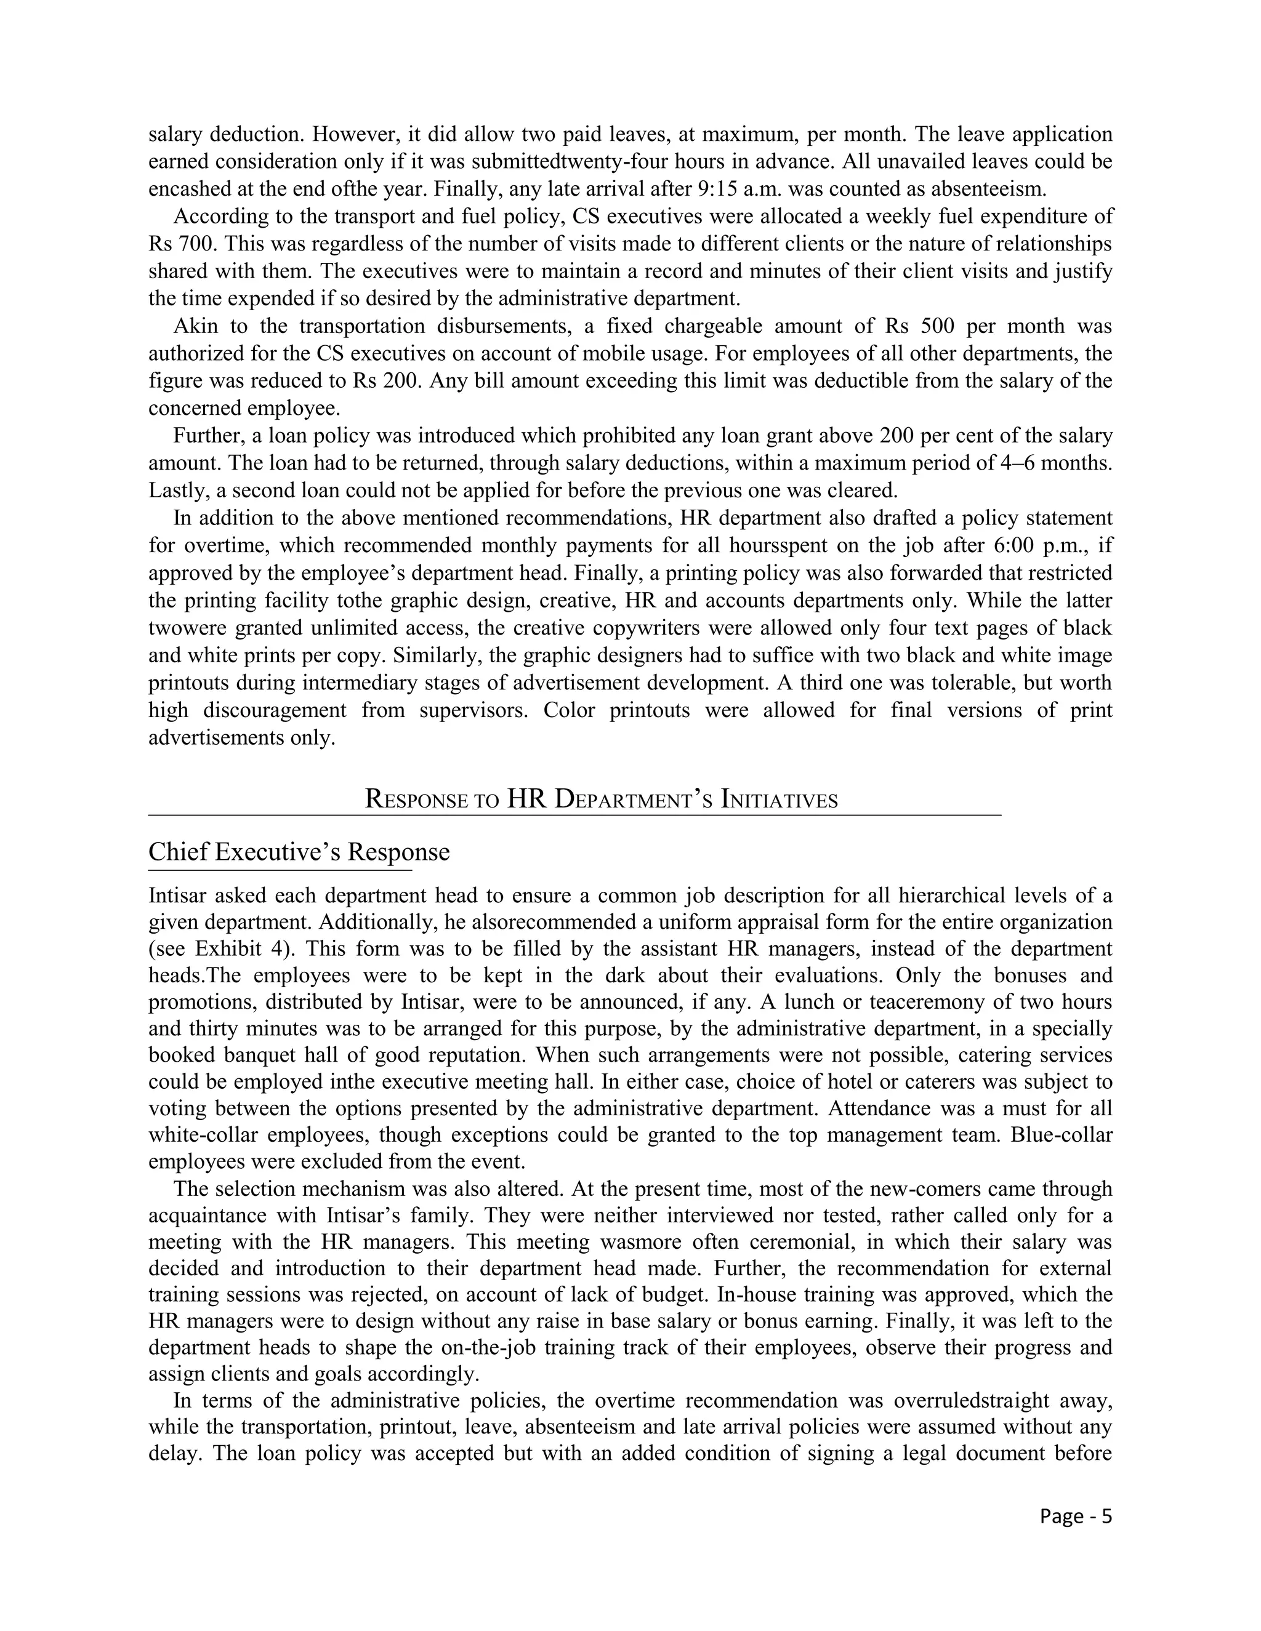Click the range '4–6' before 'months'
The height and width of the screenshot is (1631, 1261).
(x=1016, y=462)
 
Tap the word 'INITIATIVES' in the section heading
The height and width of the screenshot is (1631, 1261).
(x=779, y=800)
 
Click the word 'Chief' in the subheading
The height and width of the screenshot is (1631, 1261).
(x=178, y=851)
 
